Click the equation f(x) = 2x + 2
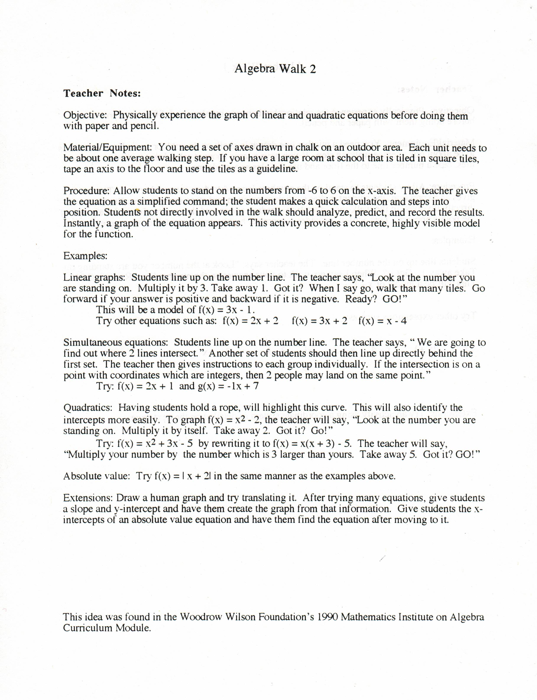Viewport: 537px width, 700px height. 250,321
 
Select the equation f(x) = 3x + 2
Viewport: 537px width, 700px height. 319,321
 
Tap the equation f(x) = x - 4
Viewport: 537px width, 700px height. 382,321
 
